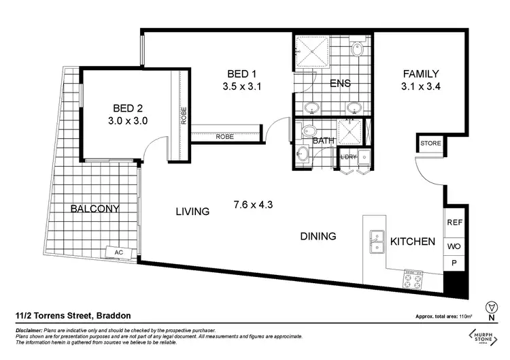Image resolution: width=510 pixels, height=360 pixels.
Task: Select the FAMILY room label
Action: pos(421,73)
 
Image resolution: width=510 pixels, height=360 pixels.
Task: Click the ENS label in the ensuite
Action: pos(340,84)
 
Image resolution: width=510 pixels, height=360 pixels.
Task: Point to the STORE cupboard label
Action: pos(430,144)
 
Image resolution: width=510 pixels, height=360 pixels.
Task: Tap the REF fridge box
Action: pos(454,222)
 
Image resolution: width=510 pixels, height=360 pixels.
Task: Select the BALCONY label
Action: pos(95,209)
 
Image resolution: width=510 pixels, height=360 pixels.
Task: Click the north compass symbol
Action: pos(491,307)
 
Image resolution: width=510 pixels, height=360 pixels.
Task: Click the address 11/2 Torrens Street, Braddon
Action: pos(73,316)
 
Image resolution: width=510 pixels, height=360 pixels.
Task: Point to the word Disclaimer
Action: pos(32,329)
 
